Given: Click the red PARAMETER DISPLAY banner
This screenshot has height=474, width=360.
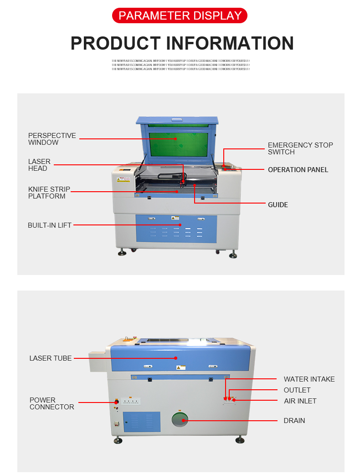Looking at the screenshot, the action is (180, 15).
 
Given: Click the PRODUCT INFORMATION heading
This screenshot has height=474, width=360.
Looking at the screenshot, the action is (182, 43).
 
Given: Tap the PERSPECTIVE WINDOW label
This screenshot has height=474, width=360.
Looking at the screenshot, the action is (52, 139).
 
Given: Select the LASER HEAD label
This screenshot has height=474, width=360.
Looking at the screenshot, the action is (39, 165).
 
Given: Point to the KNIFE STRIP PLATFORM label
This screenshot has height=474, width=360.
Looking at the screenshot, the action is (49, 193).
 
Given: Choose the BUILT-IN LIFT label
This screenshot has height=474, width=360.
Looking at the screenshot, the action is (49, 225).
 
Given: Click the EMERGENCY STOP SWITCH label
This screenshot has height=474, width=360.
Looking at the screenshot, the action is (300, 148).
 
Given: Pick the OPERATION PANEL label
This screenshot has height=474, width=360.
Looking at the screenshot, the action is (298, 170).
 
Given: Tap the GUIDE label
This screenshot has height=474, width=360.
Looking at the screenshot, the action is (278, 205).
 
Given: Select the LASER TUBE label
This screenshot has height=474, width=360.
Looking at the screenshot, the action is (50, 358).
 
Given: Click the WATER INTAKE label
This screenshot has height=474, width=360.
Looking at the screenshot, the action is (309, 379).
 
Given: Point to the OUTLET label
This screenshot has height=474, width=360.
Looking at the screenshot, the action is (297, 390).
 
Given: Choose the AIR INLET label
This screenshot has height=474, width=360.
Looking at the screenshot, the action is (300, 401).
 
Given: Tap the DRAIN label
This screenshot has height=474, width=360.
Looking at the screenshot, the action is (294, 421).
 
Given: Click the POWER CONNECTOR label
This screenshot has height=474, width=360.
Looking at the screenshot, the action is (51, 403).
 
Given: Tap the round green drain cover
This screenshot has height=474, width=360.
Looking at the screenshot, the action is (180, 420).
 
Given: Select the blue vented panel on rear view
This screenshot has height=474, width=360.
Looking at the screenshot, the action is (141, 422).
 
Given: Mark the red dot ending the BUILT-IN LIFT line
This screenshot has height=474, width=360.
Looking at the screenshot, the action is (180, 225).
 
